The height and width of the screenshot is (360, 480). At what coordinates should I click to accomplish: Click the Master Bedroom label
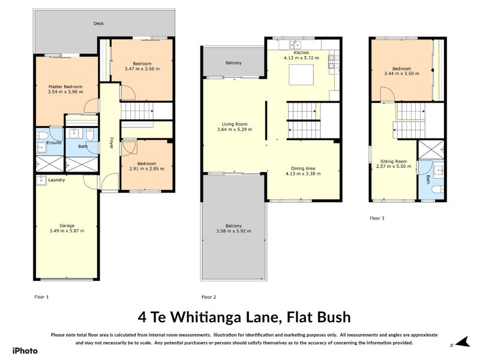click(x=65, y=86)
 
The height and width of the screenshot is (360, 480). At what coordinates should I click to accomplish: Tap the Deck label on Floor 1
click(x=98, y=24)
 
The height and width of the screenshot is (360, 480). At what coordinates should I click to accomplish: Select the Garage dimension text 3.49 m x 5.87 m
click(x=67, y=230)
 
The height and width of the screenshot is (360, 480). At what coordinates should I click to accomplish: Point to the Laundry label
click(x=56, y=180)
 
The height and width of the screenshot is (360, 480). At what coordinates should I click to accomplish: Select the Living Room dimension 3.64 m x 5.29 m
click(x=235, y=129)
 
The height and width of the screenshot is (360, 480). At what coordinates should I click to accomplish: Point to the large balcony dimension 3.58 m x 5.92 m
click(x=234, y=230)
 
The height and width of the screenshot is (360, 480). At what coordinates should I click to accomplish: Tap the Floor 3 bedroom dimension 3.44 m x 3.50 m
click(x=401, y=74)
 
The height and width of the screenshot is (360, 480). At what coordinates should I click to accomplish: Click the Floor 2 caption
click(x=209, y=297)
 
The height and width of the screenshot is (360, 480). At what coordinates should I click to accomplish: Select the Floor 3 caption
click(x=377, y=218)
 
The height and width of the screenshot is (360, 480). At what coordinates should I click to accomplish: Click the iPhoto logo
click(x=25, y=350)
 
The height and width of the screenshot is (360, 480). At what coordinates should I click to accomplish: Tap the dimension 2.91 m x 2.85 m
click(x=146, y=169)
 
